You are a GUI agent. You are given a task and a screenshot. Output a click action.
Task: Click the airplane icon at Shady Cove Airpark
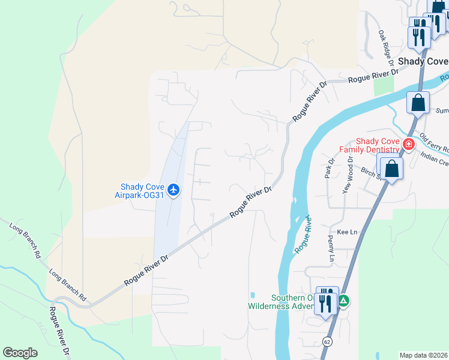coord(174,190)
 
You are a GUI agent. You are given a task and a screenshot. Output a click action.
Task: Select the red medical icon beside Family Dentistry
coord(409,144)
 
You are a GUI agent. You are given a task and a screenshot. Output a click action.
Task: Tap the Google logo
coord(20,353)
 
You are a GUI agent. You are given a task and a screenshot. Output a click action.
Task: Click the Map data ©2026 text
coord(423,355)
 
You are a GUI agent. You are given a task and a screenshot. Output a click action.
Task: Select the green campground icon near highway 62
coord(343,301)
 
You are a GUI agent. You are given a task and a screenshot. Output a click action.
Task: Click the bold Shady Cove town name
coord(423,61)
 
